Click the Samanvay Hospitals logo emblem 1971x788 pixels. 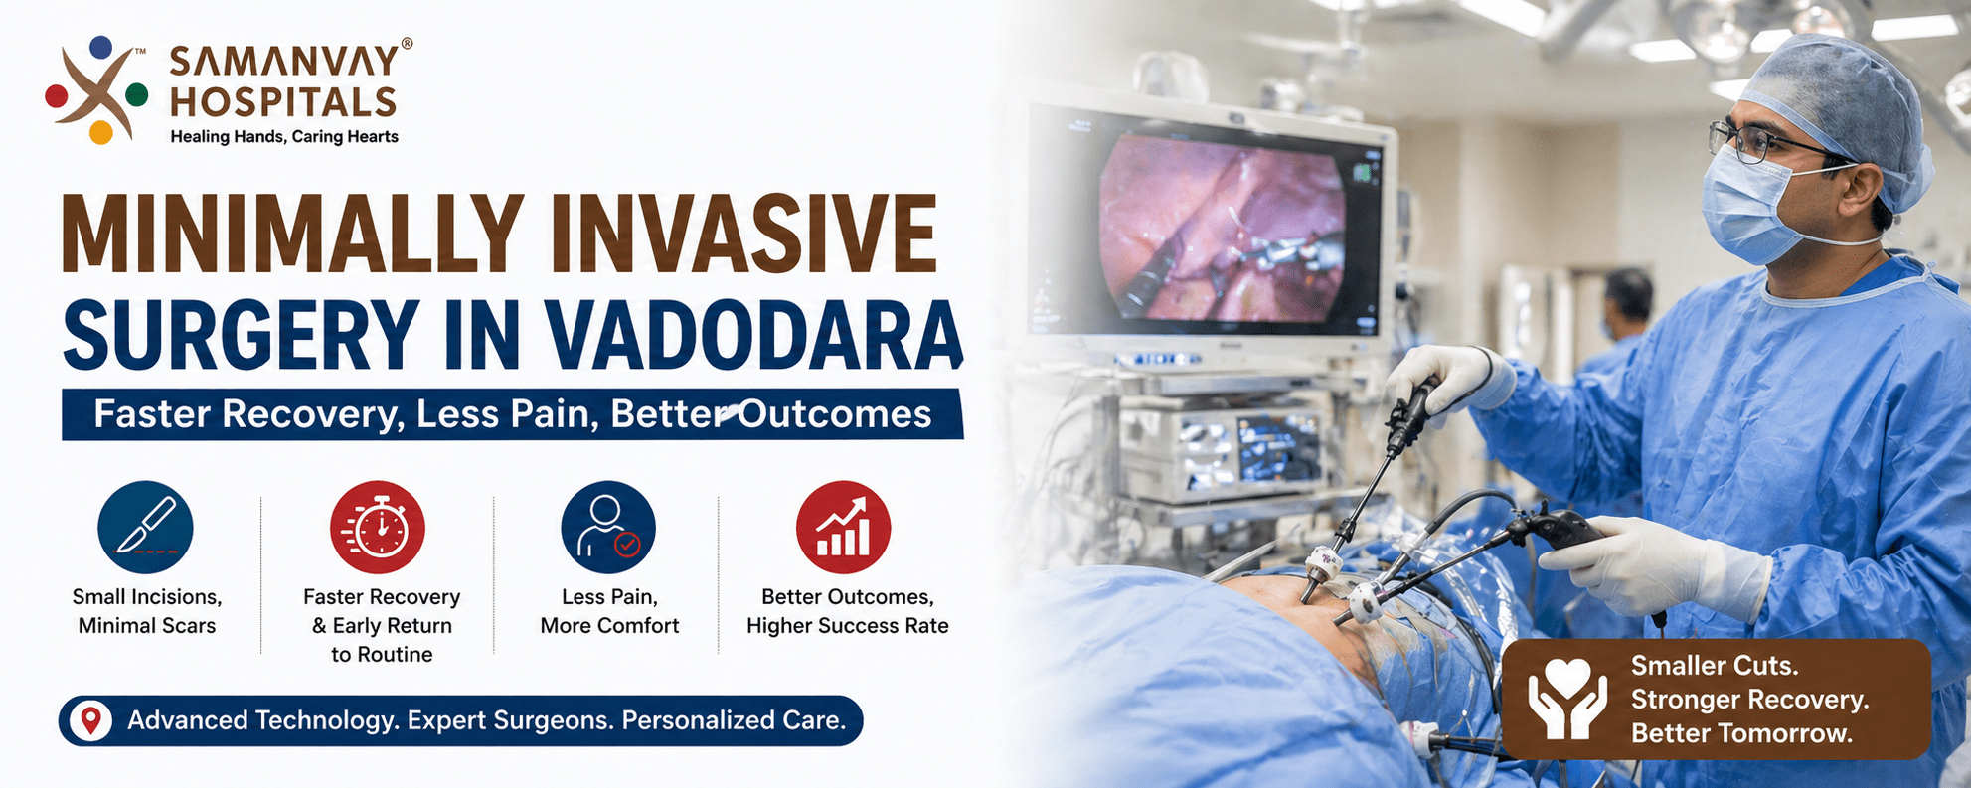[96, 90]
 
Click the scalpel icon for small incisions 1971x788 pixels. [145, 528]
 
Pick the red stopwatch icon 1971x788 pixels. [378, 528]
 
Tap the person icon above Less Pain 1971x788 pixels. [607, 528]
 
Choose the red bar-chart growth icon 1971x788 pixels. [843, 528]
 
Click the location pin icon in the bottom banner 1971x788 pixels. [90, 720]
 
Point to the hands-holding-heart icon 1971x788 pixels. [1566, 700]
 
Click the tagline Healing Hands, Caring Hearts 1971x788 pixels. [284, 137]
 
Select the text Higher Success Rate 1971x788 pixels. [847, 626]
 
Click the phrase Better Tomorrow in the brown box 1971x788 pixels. [1741, 734]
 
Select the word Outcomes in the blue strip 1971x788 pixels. [835, 414]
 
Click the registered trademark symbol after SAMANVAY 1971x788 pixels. [406, 44]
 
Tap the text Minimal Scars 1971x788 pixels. [147, 626]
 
